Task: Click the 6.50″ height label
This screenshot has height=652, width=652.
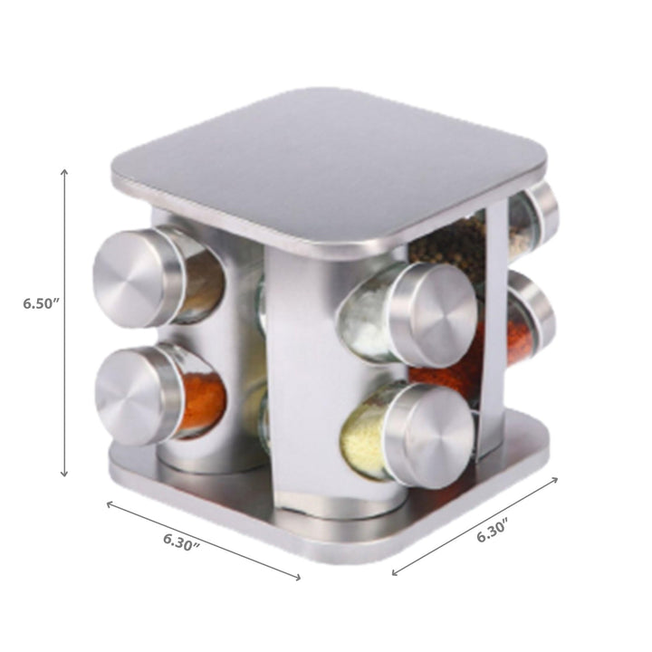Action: tap(41, 303)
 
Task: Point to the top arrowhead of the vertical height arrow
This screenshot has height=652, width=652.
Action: tap(64, 172)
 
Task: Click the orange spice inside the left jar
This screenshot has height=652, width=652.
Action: tap(201, 404)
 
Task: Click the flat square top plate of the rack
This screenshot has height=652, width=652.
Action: tap(326, 163)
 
